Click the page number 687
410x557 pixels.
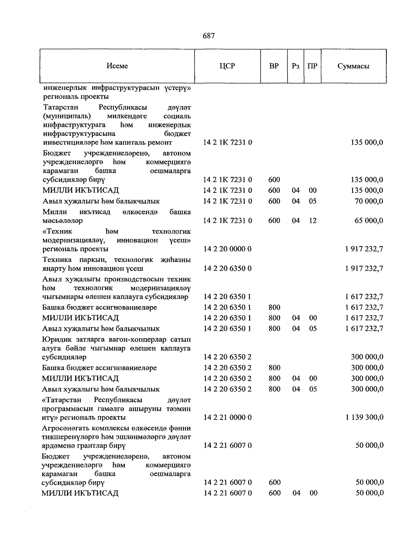tap(208, 36)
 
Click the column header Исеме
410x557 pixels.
tap(117, 66)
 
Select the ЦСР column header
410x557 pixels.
tap(228, 66)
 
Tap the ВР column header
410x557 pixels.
tap(274, 66)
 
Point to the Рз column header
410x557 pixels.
tap(296, 66)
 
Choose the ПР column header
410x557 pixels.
tap(312, 66)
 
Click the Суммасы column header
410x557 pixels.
tap(353, 66)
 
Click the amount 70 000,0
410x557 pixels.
tap(369, 201)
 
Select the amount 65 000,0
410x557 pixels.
tap(369, 220)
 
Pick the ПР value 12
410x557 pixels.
tap(313, 220)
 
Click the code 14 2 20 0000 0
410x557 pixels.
tap(228, 249)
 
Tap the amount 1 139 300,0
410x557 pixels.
tap(364, 417)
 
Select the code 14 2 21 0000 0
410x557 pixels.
tap(228, 417)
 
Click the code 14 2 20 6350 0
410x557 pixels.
tap(228, 268)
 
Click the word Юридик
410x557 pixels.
tap(53, 340)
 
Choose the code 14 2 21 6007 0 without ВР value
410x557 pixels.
tap(228, 445)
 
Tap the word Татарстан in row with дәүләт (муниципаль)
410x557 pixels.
tap(61, 107)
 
